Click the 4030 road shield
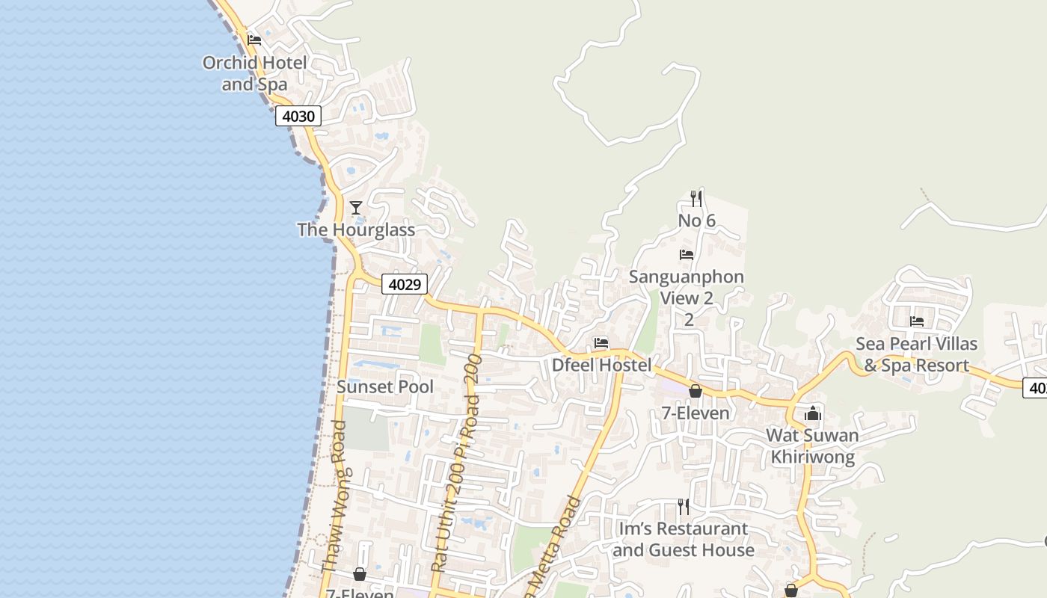click(298, 116)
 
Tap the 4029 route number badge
click(405, 284)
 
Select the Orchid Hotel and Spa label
click(254, 73)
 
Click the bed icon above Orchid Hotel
click(254, 40)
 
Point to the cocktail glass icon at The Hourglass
click(356, 207)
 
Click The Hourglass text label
click(356, 229)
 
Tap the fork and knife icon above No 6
click(696, 198)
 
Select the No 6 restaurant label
click(696, 221)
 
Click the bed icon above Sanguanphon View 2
click(687, 255)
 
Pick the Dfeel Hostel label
click(601, 366)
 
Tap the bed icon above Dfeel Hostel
click(601, 343)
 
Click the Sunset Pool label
click(385, 386)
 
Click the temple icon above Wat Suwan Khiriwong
click(813, 413)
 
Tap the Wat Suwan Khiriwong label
click(813, 446)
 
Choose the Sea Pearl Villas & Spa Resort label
click(916, 354)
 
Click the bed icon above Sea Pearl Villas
click(917, 321)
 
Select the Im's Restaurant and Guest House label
click(683, 539)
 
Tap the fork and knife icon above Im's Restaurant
click(683, 507)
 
